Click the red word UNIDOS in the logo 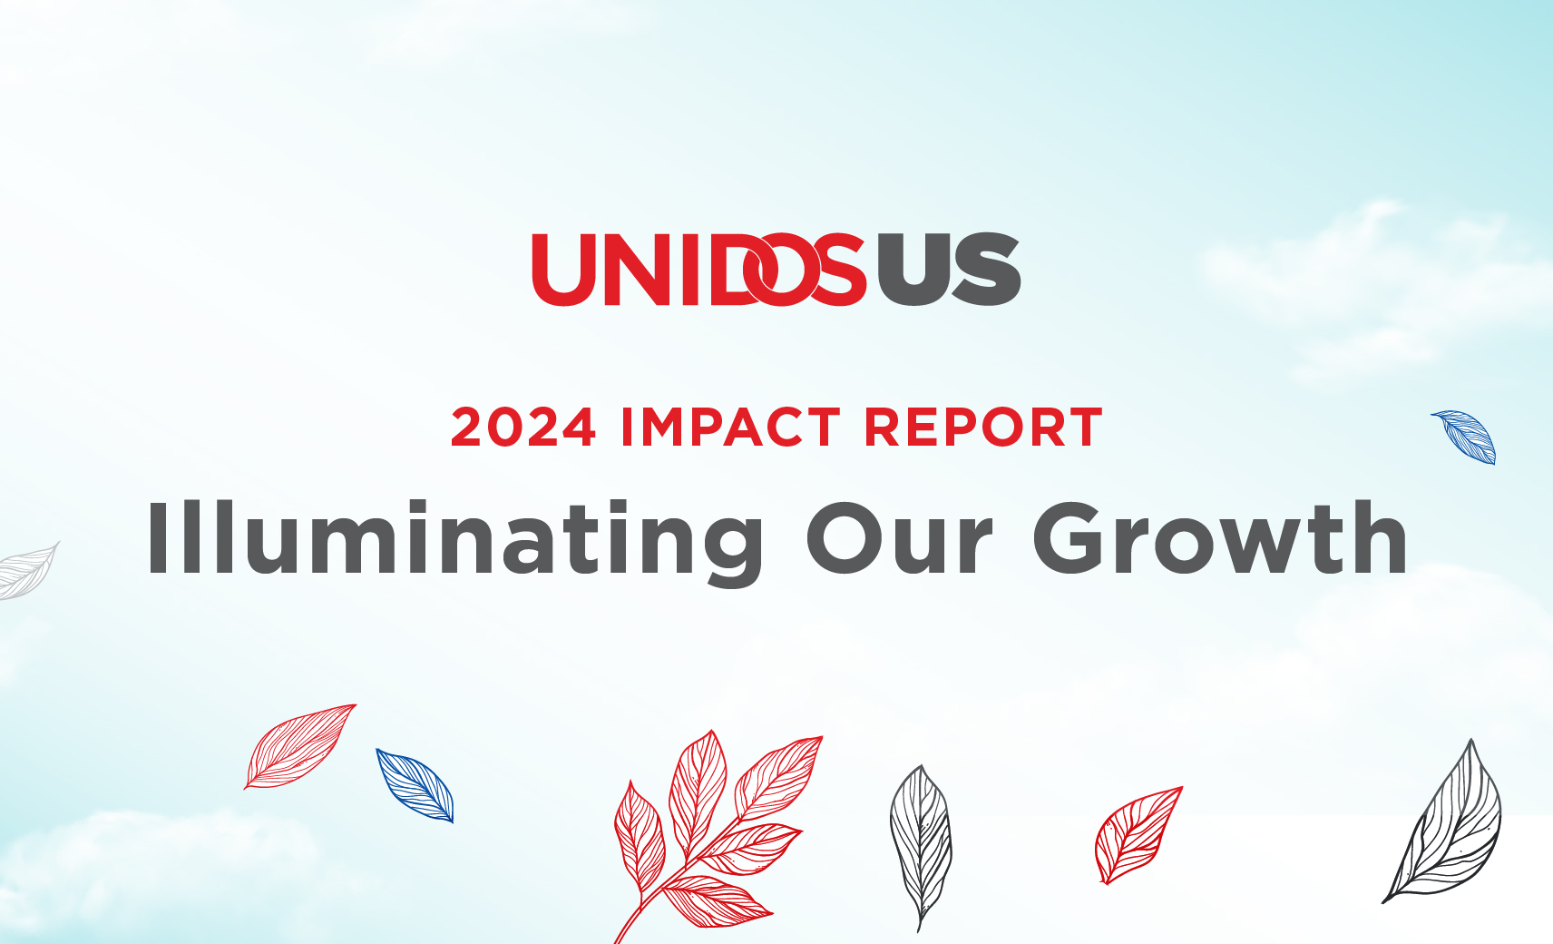[x=698, y=270]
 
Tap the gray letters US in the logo [x=949, y=270]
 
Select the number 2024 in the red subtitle [x=523, y=428]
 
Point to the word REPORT [x=983, y=428]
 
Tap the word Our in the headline [x=901, y=539]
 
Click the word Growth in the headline [x=1220, y=539]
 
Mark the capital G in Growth [x=1074, y=539]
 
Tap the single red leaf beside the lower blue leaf [x=300, y=745]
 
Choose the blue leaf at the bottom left [x=415, y=785]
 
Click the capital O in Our [x=845, y=539]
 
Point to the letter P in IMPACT [x=712, y=428]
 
